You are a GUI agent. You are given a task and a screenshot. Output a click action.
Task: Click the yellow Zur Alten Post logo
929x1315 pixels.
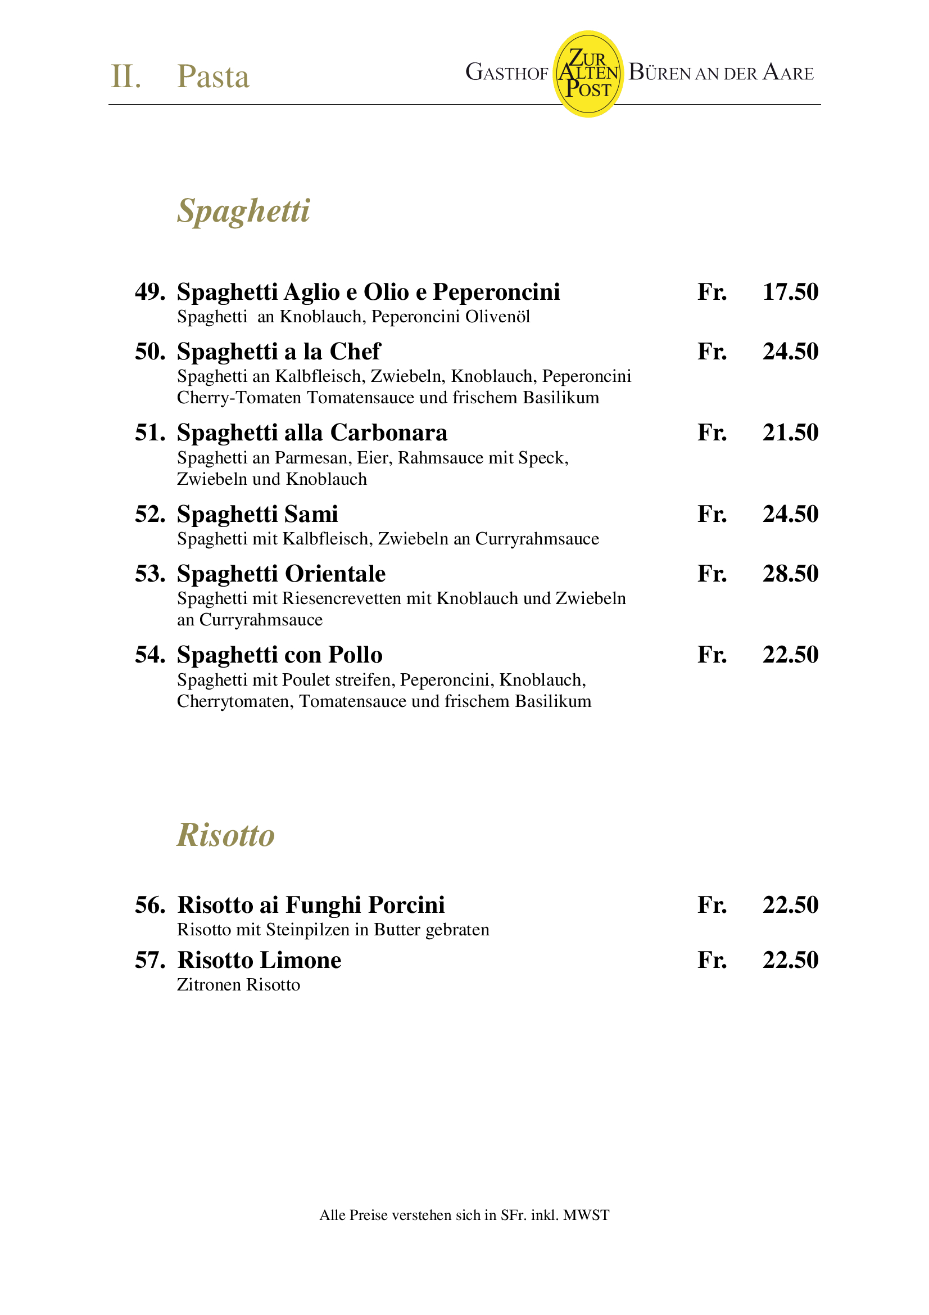(588, 74)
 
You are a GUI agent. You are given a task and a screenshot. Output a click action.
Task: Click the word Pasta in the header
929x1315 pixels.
(213, 76)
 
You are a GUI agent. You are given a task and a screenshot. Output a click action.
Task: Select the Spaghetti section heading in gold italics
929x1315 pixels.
(243, 211)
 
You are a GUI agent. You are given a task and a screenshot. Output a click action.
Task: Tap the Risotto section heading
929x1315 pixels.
(225, 835)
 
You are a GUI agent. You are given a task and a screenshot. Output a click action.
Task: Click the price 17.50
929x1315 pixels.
(790, 291)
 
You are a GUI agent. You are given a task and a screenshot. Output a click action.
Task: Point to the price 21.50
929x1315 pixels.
(790, 433)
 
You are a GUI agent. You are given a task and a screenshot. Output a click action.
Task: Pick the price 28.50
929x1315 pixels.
(790, 573)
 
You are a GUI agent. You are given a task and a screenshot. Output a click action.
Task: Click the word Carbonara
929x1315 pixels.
(389, 433)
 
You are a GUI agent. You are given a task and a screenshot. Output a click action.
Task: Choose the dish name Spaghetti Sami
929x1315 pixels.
(257, 514)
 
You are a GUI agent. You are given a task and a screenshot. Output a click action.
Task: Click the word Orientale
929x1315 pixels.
(336, 573)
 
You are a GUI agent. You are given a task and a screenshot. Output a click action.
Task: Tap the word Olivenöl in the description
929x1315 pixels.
(497, 317)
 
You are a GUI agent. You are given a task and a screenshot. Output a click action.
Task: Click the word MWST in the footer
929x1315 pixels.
(586, 1215)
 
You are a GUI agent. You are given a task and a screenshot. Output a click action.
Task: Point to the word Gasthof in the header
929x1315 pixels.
(506, 73)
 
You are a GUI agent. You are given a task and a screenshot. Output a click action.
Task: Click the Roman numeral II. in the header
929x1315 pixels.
(125, 76)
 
